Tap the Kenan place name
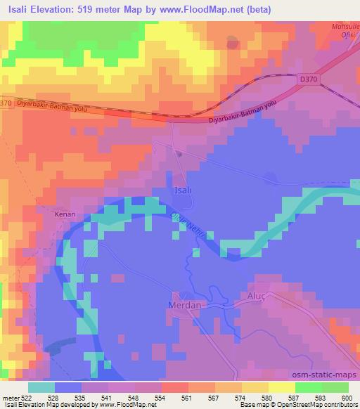(x=65, y=212)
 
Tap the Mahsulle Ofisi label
(x=345, y=30)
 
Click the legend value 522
(x=26, y=398)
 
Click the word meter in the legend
(x=11, y=398)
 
